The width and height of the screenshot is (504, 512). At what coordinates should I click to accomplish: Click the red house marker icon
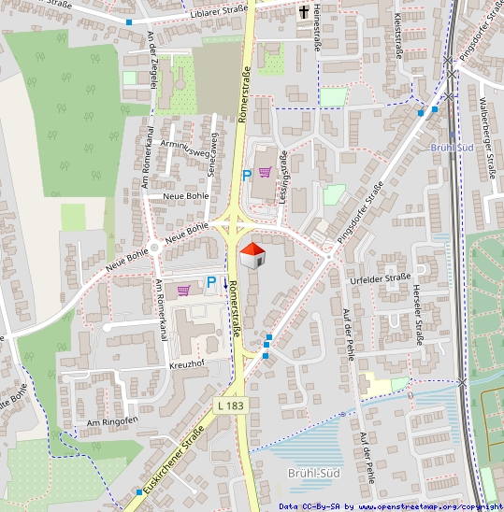pyautogui.click(x=252, y=253)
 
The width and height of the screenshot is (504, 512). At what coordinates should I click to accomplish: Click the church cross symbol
pyautogui.click(x=305, y=13)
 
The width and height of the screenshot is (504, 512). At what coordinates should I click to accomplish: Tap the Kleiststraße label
pyautogui.click(x=397, y=36)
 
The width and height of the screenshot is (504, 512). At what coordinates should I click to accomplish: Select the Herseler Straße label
pyautogui.click(x=420, y=320)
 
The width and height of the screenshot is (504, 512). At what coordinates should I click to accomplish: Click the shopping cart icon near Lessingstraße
pyautogui.click(x=265, y=172)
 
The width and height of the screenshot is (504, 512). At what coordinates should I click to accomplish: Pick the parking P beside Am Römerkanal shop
pyautogui.click(x=211, y=281)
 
